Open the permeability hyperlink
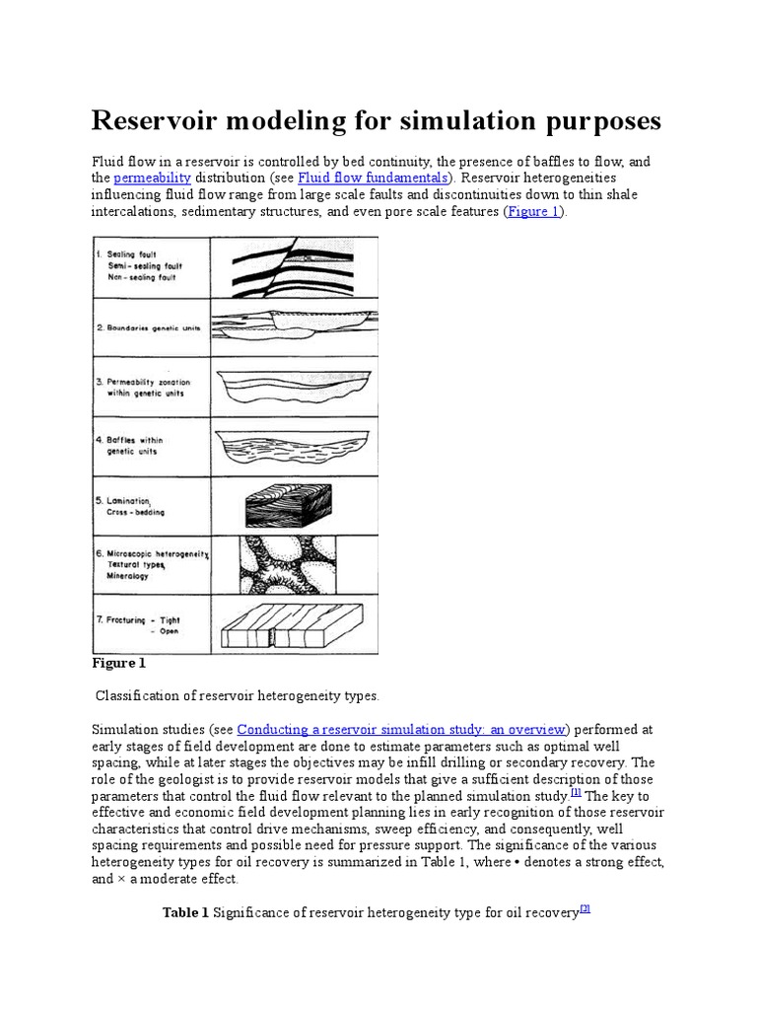coord(152,178)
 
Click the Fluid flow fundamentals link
coord(373,178)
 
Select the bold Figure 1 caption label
coord(118,664)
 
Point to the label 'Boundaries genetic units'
coord(152,326)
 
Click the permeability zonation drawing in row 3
coord(295,386)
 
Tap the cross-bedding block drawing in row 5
coord(287,505)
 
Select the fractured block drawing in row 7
coord(287,624)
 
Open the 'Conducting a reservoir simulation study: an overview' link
coord(401,729)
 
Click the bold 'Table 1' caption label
coord(185,913)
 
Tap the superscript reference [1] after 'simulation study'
coord(575,792)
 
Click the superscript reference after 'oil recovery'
coord(585,909)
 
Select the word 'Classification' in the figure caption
coord(134,696)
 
